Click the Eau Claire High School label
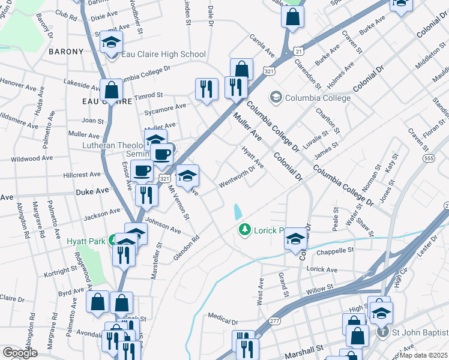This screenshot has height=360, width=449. [x=163, y=55]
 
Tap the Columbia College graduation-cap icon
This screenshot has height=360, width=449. [x=276, y=97]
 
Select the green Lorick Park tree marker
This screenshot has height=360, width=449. [x=244, y=230]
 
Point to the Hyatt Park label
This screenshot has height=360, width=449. [x=84, y=241]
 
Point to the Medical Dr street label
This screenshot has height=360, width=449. [x=223, y=316]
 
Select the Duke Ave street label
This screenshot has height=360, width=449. [x=92, y=190]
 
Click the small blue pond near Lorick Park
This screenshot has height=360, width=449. [x=238, y=211]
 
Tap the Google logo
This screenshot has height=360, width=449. [x=20, y=353]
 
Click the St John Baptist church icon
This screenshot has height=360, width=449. [x=382, y=332]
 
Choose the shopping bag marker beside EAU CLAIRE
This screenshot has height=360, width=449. [x=112, y=91]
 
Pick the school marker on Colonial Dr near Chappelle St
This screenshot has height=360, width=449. [x=295, y=239]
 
